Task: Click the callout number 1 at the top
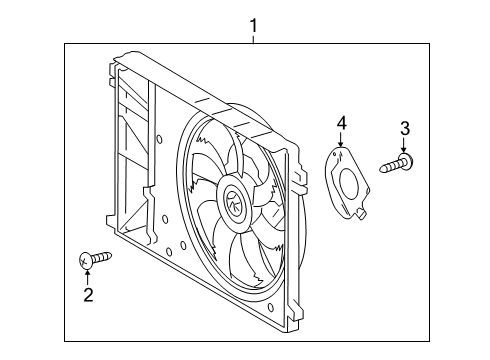254,23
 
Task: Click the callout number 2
88,294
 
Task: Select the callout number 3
405,127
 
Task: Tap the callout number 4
341,123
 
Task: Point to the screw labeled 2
94,260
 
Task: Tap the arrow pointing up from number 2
88,277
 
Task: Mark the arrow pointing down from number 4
341,140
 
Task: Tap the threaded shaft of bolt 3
389,166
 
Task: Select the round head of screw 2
85,261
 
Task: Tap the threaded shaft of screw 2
101,259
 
